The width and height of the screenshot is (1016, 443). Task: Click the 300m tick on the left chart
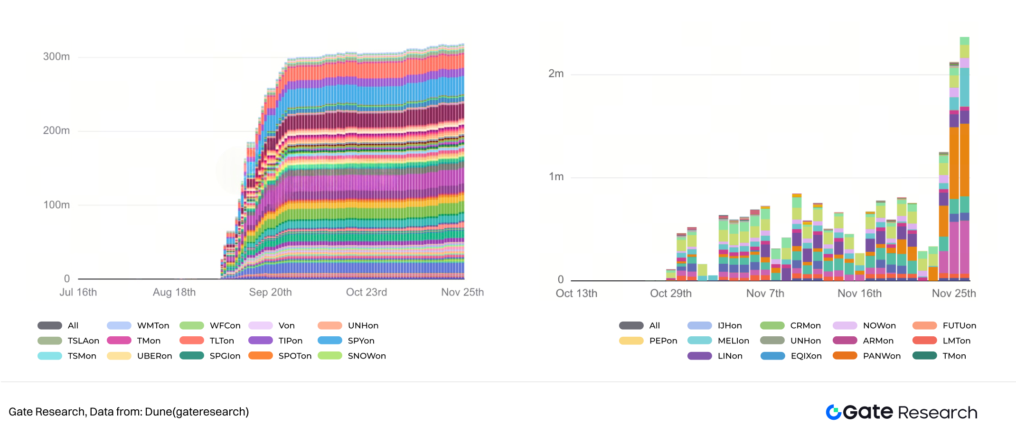pyautogui.click(x=56, y=56)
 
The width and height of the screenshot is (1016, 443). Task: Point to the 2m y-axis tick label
pyautogui.click(x=556, y=74)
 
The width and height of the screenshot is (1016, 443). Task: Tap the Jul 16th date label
pyautogui.click(x=78, y=292)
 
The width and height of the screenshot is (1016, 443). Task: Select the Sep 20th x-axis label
pyautogui.click(x=270, y=292)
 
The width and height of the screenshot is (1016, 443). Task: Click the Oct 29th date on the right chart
pyautogui.click(x=670, y=293)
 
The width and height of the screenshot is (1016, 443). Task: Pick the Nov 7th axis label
pyautogui.click(x=765, y=293)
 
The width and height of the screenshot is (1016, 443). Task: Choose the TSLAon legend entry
pyautogui.click(x=83, y=341)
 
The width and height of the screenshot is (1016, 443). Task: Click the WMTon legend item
pyautogui.click(x=153, y=325)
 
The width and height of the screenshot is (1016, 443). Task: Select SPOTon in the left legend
pyautogui.click(x=294, y=356)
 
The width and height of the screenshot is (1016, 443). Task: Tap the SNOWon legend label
pyautogui.click(x=367, y=356)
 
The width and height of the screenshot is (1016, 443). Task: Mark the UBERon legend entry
pyautogui.click(x=154, y=356)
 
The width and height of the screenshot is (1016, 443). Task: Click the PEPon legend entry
pyautogui.click(x=663, y=341)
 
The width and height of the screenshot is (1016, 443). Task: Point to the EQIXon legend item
pyautogui.click(x=806, y=356)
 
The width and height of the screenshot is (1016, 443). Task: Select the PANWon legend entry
pyautogui.click(x=881, y=356)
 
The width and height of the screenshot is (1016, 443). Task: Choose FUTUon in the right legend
pyautogui.click(x=959, y=325)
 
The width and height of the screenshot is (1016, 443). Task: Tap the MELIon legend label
pyautogui.click(x=733, y=341)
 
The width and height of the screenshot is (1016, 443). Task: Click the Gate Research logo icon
pyautogui.click(x=834, y=412)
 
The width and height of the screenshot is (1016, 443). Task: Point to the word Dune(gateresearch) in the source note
pyautogui.click(x=197, y=412)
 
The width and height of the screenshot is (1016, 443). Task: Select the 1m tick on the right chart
pyautogui.click(x=556, y=176)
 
